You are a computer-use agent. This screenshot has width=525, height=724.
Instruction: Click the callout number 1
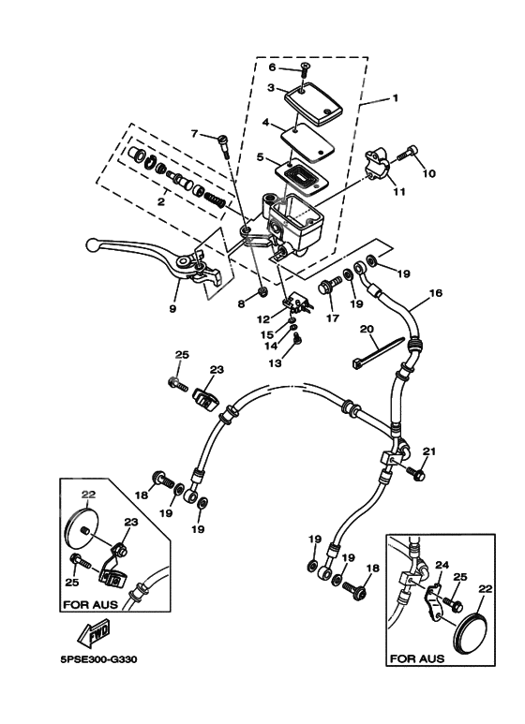coord(396,97)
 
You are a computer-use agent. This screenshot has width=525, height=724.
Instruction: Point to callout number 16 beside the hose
coord(435,292)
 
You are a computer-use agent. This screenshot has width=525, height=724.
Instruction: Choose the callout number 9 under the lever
coord(173,306)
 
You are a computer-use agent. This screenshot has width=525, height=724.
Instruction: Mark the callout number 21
coord(430,451)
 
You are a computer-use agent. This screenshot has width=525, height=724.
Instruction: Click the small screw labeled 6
coord(307,67)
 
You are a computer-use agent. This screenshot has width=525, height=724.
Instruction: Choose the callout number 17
coord(331,318)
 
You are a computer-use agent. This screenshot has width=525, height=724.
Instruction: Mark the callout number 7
coord(196,134)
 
